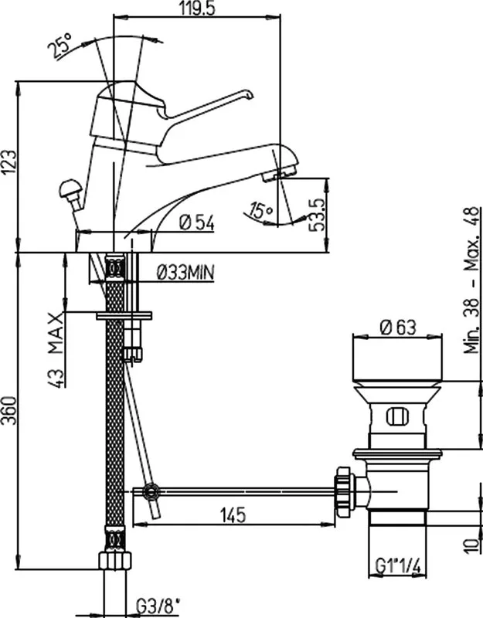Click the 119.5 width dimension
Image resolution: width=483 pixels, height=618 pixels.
[198, 8]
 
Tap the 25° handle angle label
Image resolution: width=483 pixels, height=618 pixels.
[60, 46]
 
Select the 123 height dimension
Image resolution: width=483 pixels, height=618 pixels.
[9, 162]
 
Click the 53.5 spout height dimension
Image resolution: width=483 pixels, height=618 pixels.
[317, 215]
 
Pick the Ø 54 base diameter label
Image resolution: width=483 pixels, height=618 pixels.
[197, 223]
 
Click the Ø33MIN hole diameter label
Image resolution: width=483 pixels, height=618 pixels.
[185, 272]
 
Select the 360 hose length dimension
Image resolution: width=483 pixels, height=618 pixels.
[9, 410]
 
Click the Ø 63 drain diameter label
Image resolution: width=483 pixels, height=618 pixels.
[397, 328]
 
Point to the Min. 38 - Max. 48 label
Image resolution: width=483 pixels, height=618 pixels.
[472, 280]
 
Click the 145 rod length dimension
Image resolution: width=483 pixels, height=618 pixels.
[233, 515]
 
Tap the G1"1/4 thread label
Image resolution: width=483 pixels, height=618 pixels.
[398, 567]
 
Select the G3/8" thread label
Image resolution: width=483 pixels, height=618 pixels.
[158, 606]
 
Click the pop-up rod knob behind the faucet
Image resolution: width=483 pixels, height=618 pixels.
[70, 188]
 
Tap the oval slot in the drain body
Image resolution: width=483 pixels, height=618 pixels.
[397, 417]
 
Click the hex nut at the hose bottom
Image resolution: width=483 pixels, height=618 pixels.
[114, 560]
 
